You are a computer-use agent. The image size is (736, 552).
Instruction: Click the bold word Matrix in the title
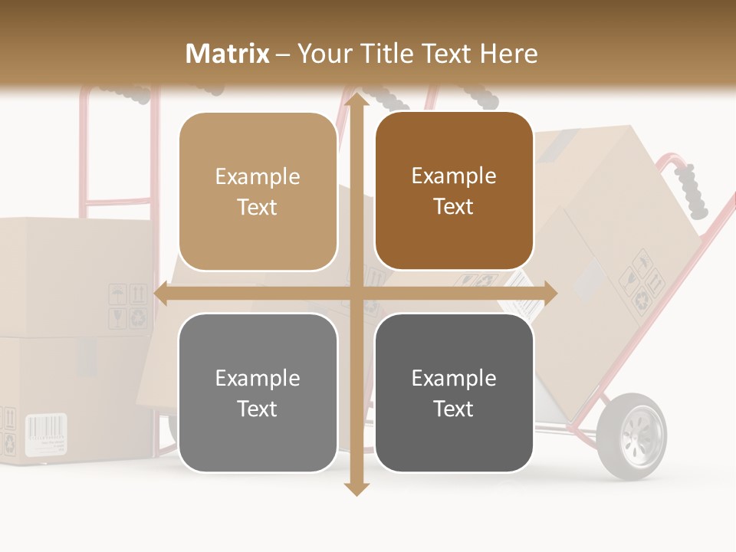tap(228, 54)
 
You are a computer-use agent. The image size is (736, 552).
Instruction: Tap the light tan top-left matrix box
tap(258, 192)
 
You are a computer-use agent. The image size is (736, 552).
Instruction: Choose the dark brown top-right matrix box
tap(454, 191)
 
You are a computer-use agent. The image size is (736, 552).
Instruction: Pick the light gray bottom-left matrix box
tap(258, 393)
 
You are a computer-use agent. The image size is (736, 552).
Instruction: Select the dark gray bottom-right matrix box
tap(454, 393)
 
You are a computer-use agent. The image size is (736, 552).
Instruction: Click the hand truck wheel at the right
tap(632, 436)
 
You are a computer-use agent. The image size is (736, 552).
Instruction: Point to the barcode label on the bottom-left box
tap(46, 435)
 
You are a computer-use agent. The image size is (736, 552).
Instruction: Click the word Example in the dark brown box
tap(454, 176)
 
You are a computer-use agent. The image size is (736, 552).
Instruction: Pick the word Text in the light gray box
tap(258, 409)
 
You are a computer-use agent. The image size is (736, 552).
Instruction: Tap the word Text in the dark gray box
tap(454, 409)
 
